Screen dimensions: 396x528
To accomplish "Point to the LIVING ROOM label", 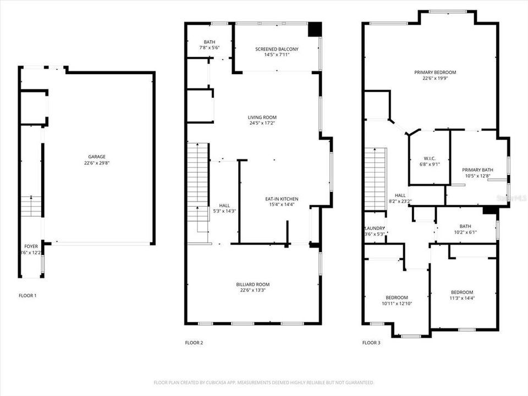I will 262,117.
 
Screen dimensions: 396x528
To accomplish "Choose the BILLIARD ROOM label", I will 253,284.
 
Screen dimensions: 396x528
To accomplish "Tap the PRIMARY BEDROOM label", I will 435,72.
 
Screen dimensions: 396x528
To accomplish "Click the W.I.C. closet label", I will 430,157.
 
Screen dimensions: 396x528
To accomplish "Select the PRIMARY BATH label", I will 476,170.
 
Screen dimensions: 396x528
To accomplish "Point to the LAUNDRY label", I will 374,228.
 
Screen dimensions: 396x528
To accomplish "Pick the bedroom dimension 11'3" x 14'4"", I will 462,299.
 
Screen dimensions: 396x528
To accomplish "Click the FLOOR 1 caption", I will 28,295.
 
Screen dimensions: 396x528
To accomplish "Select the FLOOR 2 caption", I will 194,343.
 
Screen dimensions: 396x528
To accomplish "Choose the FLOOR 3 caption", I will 371,343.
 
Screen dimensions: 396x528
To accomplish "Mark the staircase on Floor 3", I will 376,179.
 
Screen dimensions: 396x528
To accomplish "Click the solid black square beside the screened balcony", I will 315,29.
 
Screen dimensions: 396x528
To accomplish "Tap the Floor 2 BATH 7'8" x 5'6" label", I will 210,45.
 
